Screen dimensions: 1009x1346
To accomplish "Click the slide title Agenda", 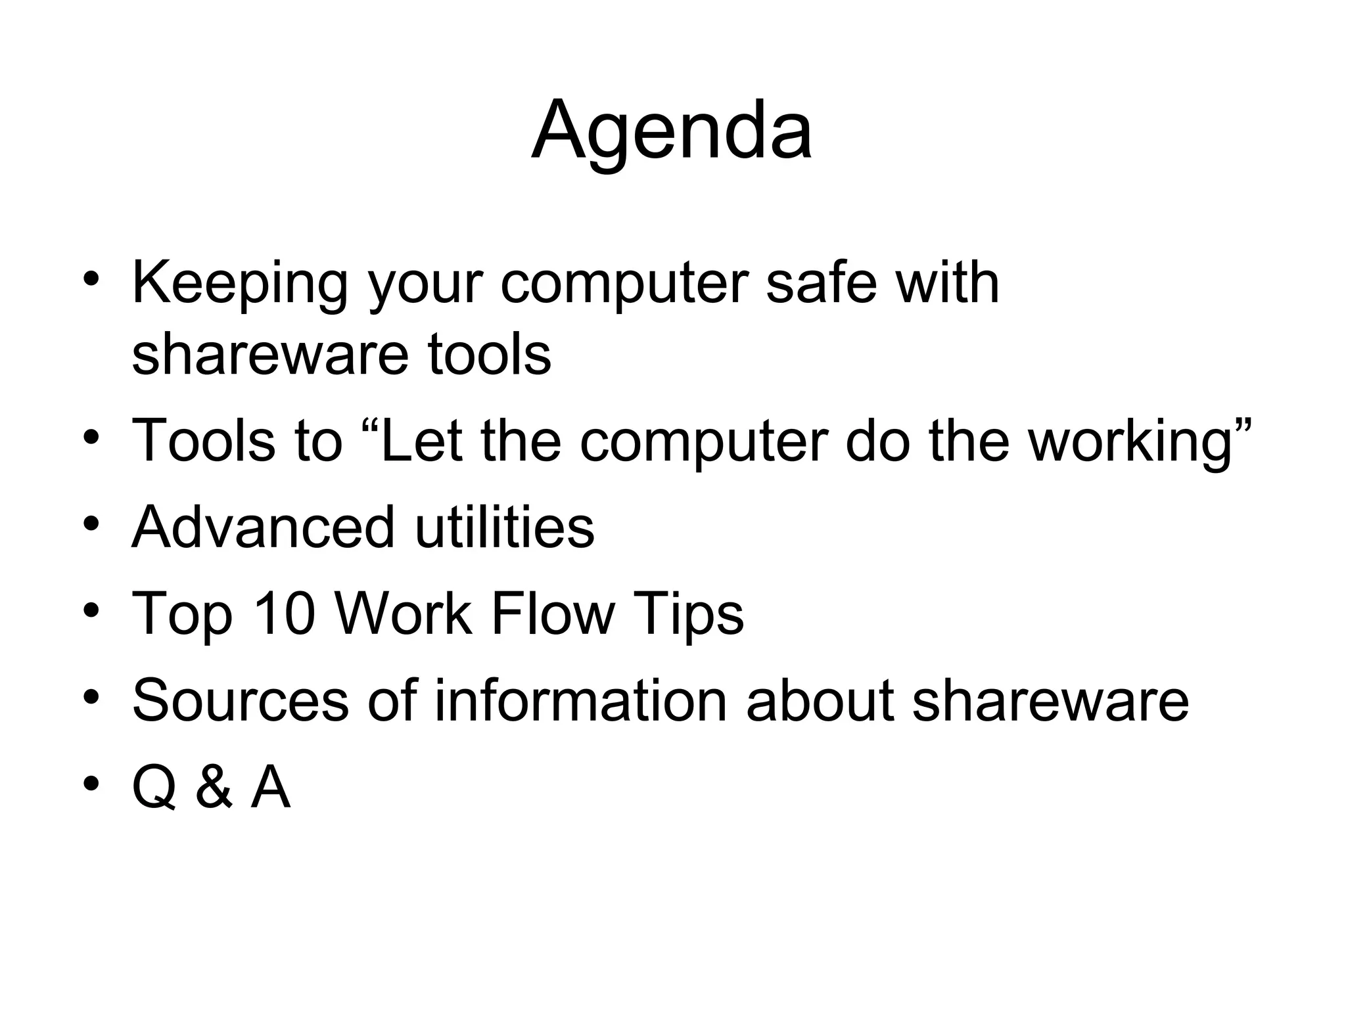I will pos(672,131).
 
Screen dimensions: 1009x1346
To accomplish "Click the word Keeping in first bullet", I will pos(239,284).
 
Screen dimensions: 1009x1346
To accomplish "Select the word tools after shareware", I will pos(489,355).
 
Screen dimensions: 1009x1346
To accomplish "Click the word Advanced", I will pos(263,527).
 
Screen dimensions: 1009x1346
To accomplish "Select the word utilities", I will pos(505,527).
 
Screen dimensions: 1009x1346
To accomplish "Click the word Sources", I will pos(239,700).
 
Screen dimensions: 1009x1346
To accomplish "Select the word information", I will pos(580,700).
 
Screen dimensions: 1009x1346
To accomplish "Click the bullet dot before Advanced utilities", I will pos(91,525).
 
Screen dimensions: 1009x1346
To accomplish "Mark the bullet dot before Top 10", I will pos(91,612).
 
